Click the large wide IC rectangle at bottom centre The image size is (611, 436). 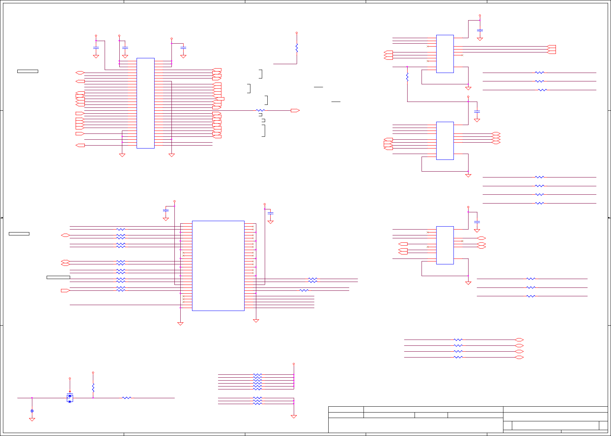point(218,265)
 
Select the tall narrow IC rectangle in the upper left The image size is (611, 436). point(145,103)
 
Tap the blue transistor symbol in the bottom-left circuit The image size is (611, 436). point(70,398)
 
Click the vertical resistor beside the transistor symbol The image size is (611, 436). point(93,388)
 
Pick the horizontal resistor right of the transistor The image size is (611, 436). point(127,397)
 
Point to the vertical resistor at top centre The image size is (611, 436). point(297,48)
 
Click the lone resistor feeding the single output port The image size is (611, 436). point(260,110)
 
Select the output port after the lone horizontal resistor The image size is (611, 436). point(295,110)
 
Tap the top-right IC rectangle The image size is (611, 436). point(445,54)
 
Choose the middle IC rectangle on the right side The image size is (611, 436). point(445,141)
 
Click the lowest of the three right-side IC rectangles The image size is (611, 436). point(445,245)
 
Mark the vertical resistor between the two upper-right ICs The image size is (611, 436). point(407,77)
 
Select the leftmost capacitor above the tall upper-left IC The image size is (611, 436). point(96,48)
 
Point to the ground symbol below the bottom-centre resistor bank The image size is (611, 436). point(294,417)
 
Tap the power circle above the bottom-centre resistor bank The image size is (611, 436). point(294,364)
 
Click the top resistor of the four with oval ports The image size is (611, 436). point(458,340)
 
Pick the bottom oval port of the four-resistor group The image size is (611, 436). point(519,357)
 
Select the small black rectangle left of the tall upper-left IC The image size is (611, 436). point(28,71)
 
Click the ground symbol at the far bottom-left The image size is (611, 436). point(32,419)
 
